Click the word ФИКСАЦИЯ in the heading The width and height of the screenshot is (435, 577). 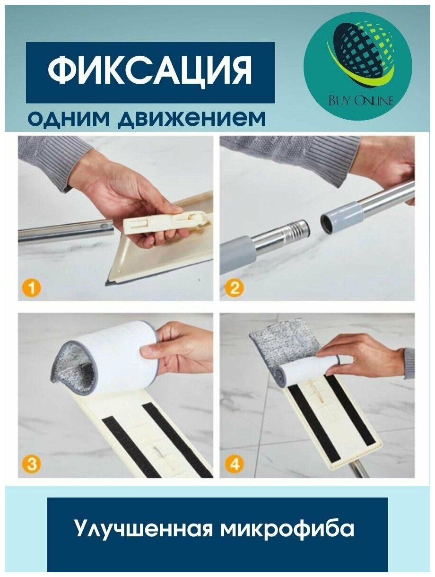click(150, 69)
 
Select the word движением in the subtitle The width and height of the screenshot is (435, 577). click(191, 118)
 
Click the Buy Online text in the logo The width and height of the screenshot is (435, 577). click(361, 101)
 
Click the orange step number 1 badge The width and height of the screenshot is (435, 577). click(32, 288)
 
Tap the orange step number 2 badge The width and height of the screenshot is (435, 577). click(235, 288)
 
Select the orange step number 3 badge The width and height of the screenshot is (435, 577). click(32, 464)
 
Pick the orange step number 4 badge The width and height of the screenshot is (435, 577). click(235, 464)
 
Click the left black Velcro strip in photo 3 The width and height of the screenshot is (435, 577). click(131, 448)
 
